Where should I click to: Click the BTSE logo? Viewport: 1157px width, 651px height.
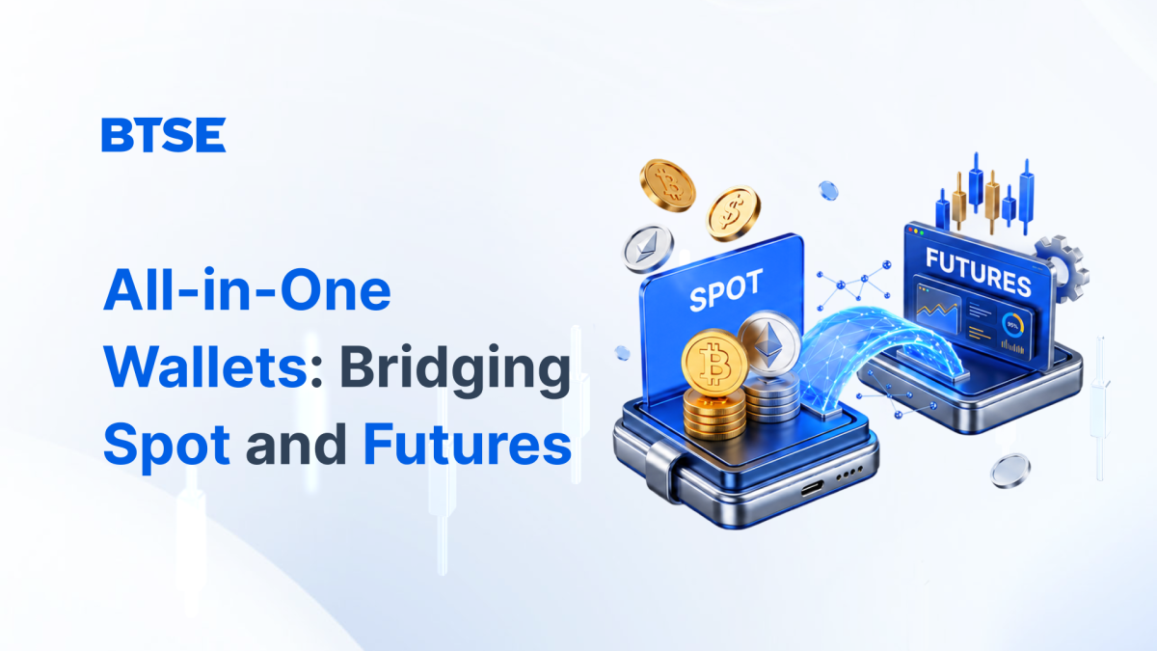[x=164, y=135]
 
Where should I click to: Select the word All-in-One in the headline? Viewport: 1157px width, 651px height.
[x=247, y=290]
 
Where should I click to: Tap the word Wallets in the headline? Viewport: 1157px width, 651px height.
[x=206, y=366]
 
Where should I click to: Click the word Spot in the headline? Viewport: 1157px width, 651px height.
[x=166, y=446]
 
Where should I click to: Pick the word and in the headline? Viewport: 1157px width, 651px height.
[x=296, y=444]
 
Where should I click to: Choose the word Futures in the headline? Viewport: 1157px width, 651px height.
[x=468, y=444]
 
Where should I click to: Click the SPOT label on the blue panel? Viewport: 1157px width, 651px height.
[x=726, y=290]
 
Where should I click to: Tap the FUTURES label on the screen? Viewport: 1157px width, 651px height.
[x=978, y=272]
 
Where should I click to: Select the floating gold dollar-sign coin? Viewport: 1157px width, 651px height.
[x=733, y=213]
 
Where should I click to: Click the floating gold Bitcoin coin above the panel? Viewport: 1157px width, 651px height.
[x=667, y=185]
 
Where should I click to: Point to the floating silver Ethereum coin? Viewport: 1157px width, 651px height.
[x=648, y=249]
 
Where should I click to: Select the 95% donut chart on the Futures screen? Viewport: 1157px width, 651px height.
[x=1012, y=325]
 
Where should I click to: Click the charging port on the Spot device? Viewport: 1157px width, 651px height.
[x=813, y=487]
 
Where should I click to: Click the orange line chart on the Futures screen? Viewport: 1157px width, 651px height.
[x=937, y=311]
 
